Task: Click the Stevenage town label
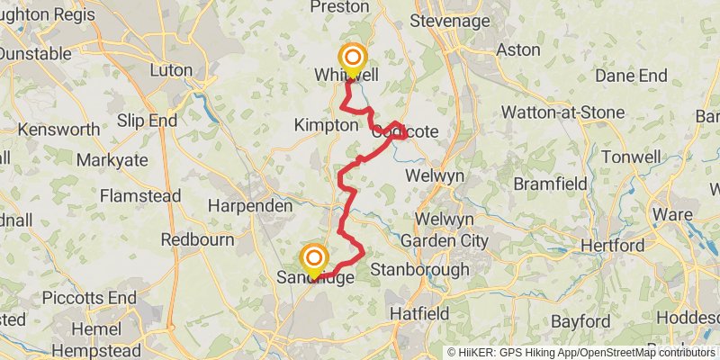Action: pyautogui.click(x=450, y=20)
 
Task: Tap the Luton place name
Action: pyautogui.click(x=171, y=70)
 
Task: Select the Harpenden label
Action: pyautogui.click(x=250, y=206)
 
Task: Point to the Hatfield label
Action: pyautogui.click(x=419, y=313)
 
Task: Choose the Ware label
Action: pyautogui.click(x=673, y=215)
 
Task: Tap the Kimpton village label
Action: pyautogui.click(x=326, y=126)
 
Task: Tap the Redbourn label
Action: pyautogui.click(x=197, y=240)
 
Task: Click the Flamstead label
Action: pyautogui.click(x=139, y=195)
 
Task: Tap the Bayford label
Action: pyautogui.click(x=580, y=321)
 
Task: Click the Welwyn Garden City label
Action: pyautogui.click(x=444, y=230)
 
